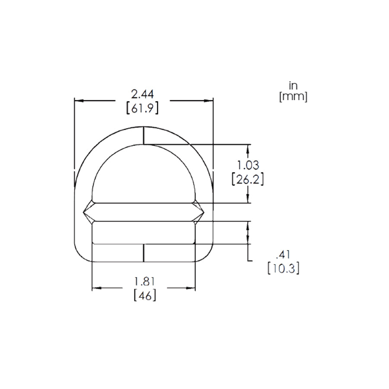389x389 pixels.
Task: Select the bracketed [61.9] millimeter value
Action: [142, 108]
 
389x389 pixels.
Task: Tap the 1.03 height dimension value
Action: [248, 165]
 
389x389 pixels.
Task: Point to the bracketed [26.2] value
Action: [248, 179]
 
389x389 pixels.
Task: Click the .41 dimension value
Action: [284, 254]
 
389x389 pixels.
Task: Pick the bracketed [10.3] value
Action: [284, 268]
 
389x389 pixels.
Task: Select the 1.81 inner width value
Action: [144, 281]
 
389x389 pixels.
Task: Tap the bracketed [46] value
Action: [144, 296]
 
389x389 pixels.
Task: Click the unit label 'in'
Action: [293, 86]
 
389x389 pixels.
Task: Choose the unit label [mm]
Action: [293, 97]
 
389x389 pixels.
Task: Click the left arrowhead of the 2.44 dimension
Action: [78, 101]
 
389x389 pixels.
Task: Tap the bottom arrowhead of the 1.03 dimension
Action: [248, 199]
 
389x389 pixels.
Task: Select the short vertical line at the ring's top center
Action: [143, 135]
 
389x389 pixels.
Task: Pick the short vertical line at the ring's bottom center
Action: [143, 253]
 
